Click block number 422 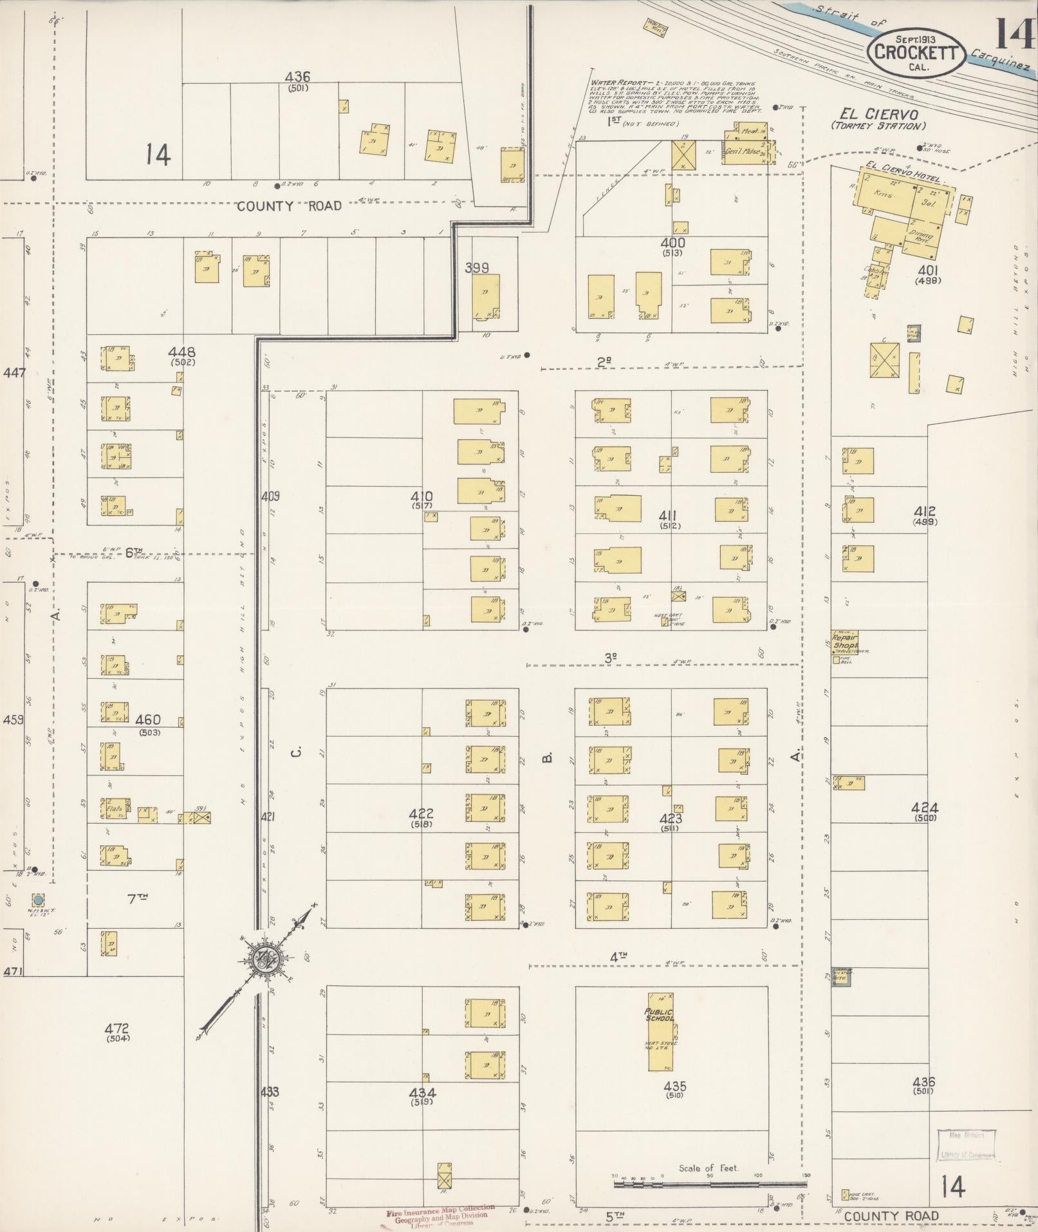tap(422, 814)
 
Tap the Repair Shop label tap(845, 641)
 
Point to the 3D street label tap(611, 658)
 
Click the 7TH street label tap(134, 898)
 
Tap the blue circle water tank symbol tap(38, 899)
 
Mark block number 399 tap(477, 267)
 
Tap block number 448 tap(181, 352)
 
